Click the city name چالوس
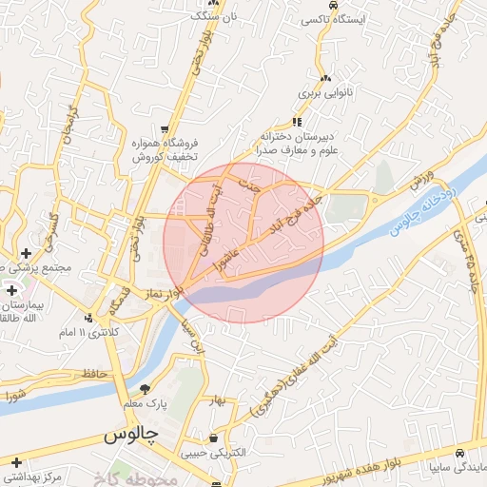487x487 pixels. tap(130, 437)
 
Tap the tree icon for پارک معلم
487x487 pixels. tap(145, 388)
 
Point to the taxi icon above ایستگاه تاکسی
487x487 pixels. tap(335, 5)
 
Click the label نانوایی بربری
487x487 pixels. tap(326, 93)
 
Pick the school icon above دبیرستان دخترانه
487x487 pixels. tap(297, 122)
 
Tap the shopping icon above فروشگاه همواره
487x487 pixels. tap(166, 129)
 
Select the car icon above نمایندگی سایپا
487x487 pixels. tap(460, 453)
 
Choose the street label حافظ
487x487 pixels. tap(91, 374)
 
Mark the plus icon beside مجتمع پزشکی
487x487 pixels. tap(25, 253)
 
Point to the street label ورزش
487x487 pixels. tap(422, 179)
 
